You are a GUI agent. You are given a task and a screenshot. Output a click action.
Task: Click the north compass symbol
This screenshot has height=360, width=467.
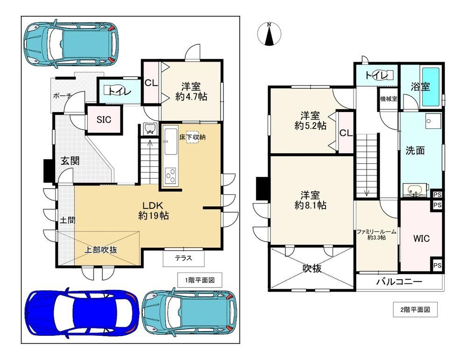[269, 34]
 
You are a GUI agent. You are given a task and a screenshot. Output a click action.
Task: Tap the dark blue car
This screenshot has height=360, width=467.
[82, 313]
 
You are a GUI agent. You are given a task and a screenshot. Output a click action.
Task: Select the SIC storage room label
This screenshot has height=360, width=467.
[104, 120]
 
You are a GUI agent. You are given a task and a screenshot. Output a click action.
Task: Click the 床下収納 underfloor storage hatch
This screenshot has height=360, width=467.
[192, 137]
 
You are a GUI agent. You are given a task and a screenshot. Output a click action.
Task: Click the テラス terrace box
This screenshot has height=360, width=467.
[184, 258]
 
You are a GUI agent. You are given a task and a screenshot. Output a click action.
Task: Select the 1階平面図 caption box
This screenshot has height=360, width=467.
[200, 280]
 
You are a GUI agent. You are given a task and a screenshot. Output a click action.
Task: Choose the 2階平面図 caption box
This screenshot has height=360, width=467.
[415, 310]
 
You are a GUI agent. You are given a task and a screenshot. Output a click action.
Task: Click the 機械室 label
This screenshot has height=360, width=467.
[389, 99]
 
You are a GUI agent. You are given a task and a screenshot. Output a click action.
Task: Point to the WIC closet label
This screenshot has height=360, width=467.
[421, 238]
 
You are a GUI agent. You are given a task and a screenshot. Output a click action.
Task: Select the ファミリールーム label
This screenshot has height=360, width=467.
[376, 232]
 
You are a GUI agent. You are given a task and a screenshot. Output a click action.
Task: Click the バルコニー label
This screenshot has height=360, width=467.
[399, 282]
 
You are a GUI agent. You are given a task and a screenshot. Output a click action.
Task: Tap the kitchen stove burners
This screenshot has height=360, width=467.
[170, 175]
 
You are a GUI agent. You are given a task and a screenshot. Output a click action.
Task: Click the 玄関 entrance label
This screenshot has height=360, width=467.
[71, 161]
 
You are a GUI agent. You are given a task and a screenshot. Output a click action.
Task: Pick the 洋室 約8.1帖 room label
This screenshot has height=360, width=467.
[311, 200]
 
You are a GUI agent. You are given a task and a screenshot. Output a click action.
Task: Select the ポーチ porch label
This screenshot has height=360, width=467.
[62, 96]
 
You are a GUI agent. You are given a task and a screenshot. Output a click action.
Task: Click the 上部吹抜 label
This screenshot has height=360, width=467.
[101, 249]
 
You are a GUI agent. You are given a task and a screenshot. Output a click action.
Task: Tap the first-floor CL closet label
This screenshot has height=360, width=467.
[151, 83]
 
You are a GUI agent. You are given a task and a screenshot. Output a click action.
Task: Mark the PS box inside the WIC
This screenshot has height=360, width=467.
[437, 265]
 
